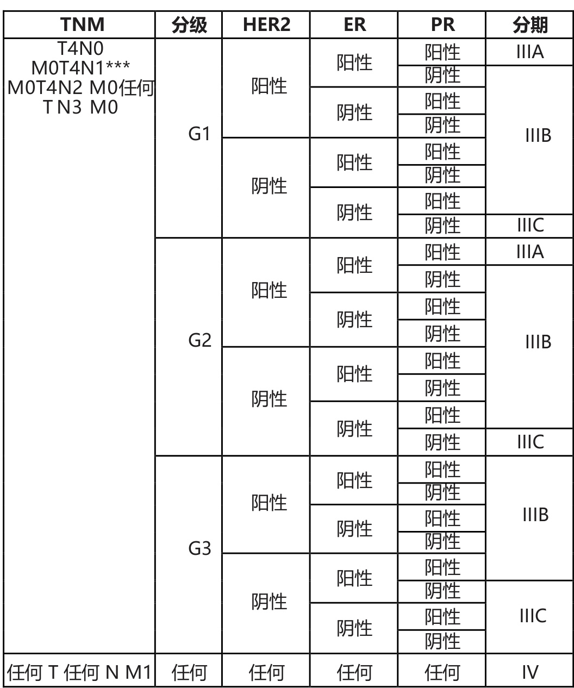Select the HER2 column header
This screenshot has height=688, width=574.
(x=266, y=25)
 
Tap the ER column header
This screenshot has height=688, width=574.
(x=354, y=25)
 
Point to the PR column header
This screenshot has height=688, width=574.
(x=442, y=25)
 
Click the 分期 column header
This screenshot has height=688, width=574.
(x=530, y=25)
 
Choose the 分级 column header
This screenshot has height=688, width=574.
(x=189, y=25)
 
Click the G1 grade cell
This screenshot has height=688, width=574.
(x=199, y=134)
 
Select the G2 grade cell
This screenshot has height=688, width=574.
(x=199, y=340)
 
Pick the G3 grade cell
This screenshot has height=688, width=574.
(x=199, y=548)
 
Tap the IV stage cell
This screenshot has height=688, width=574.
(x=530, y=673)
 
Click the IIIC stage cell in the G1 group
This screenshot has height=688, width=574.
(x=530, y=225)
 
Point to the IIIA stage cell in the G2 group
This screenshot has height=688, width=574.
(x=530, y=252)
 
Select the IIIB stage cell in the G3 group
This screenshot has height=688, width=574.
(x=535, y=515)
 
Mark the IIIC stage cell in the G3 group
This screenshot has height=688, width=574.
(x=533, y=616)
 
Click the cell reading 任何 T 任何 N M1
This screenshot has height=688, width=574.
(x=79, y=673)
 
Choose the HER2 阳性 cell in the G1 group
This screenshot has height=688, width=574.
(x=269, y=86)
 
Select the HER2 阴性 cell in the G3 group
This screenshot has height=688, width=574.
(x=269, y=602)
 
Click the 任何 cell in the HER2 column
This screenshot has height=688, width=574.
(x=266, y=673)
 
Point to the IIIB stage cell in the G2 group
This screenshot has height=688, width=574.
(x=538, y=342)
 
